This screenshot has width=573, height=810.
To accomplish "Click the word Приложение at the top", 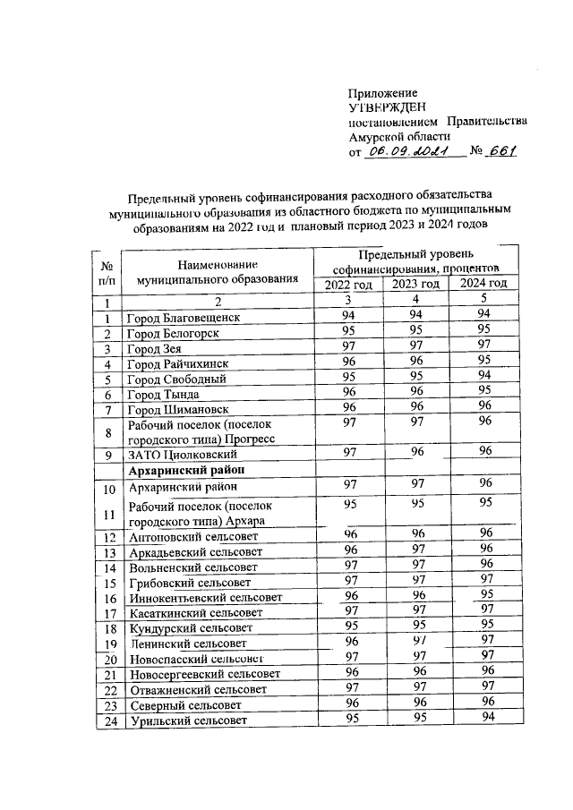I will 383,92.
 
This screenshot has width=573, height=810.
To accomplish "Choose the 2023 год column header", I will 415,284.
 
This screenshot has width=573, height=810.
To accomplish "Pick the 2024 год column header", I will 483,284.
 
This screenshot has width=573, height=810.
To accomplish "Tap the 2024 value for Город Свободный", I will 483,377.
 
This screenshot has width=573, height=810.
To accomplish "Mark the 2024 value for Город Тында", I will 483,392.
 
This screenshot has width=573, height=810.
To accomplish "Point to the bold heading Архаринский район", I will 187,469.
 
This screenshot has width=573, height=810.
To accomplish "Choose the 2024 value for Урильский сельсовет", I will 483,718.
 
